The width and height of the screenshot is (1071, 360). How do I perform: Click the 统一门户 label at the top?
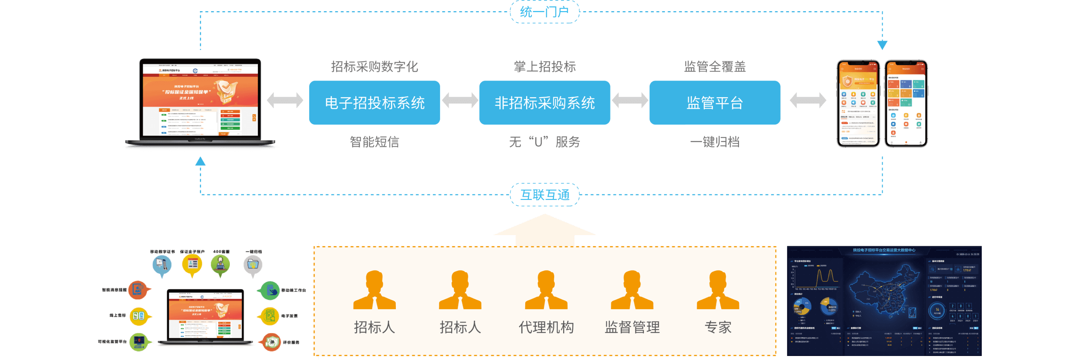pyautogui.click(x=544, y=12)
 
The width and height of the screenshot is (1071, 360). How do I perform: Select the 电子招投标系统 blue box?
pyautogui.click(x=374, y=103)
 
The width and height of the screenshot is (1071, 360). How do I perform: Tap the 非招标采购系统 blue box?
pyautogui.click(x=544, y=103)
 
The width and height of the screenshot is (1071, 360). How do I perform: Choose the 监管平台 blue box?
pyautogui.click(x=714, y=103)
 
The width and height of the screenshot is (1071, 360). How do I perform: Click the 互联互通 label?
pyautogui.click(x=544, y=195)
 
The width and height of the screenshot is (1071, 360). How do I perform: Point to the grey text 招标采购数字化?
pyautogui.click(x=374, y=66)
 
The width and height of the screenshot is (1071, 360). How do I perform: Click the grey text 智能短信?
pyautogui.click(x=374, y=142)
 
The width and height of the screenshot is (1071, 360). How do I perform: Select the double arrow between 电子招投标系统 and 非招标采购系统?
pyautogui.click(x=460, y=100)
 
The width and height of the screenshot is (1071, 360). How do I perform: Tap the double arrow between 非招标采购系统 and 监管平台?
pyautogui.click(x=630, y=100)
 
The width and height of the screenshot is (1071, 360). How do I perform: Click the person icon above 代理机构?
pyautogui.click(x=546, y=290)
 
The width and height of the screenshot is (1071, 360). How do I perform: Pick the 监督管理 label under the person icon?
pyautogui.click(x=632, y=327)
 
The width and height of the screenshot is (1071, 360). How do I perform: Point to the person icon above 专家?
pyautogui.click(x=718, y=290)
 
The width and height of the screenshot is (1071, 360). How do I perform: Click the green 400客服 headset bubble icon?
pyautogui.click(x=220, y=264)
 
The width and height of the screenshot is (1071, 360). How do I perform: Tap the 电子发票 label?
pyautogui.click(x=289, y=316)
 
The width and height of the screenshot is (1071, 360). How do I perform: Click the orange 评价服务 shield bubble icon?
pyautogui.click(x=271, y=342)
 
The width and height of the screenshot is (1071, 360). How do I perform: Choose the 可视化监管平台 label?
pyautogui.click(x=112, y=342)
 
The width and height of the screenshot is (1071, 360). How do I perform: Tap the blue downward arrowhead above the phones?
pyautogui.click(x=882, y=45)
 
